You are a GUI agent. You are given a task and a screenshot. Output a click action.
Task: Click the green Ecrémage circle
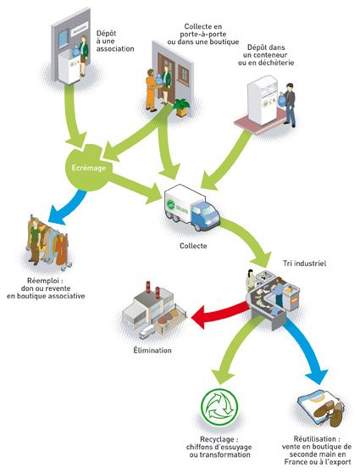[x=88, y=168]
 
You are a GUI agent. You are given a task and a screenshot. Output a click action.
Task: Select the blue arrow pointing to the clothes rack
[x=66, y=208]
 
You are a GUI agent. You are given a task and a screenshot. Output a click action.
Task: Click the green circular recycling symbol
[x=219, y=407]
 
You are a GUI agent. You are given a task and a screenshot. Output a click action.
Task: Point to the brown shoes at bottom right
[x=329, y=411]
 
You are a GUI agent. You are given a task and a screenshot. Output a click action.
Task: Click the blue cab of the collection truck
[x=205, y=214]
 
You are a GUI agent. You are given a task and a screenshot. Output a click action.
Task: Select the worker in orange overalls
[x=151, y=90]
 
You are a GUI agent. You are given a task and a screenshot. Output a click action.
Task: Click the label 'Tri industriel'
[x=305, y=264]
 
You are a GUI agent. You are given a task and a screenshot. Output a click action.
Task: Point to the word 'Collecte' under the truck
[x=193, y=246]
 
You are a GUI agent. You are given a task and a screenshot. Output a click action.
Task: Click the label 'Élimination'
[x=152, y=350]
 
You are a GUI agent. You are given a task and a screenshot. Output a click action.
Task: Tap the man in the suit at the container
[x=290, y=104]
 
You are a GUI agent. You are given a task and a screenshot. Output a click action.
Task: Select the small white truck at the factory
[x=147, y=331]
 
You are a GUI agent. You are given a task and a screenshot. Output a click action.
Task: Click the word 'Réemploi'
[x=45, y=281]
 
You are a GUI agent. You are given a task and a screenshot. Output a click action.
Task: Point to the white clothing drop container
[x=263, y=99]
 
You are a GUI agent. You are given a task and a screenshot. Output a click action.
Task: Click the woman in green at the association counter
[x=83, y=56]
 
